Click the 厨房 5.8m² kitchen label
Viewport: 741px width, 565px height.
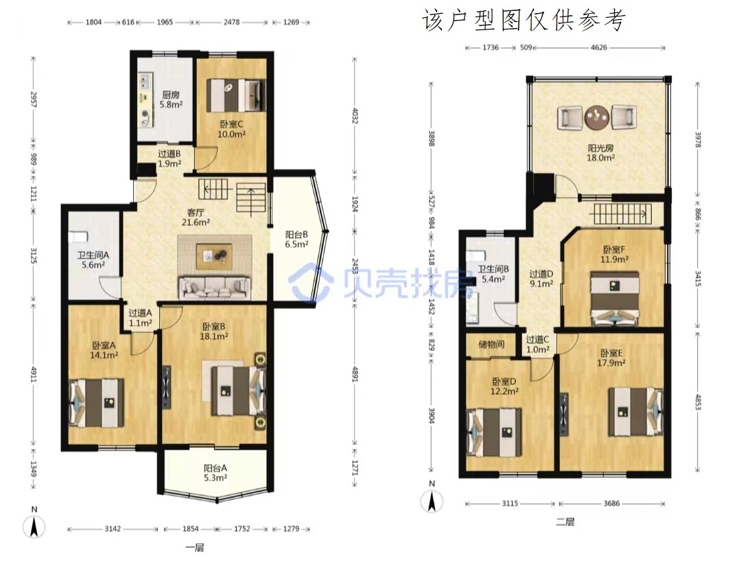point(171,100)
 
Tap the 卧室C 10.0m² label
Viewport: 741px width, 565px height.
point(232,129)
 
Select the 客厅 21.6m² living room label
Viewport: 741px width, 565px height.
point(196,217)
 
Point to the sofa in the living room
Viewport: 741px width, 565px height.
point(215,288)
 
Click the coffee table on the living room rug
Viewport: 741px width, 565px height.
point(214,256)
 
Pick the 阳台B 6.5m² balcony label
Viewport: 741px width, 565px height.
point(297,239)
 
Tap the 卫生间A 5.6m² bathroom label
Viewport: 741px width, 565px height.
point(93,260)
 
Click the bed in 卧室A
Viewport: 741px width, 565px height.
point(97,402)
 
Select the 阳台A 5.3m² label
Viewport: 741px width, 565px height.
point(215,473)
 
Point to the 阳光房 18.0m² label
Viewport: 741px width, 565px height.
point(600,152)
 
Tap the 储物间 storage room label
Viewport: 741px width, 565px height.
point(491,344)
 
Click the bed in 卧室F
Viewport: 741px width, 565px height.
point(615,299)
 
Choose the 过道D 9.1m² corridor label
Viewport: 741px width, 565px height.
point(541,279)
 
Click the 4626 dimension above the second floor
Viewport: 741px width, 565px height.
point(599,47)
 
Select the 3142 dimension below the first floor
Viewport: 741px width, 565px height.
point(113,529)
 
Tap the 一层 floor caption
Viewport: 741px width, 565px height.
point(195,548)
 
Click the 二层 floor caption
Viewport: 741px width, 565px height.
point(565,522)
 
